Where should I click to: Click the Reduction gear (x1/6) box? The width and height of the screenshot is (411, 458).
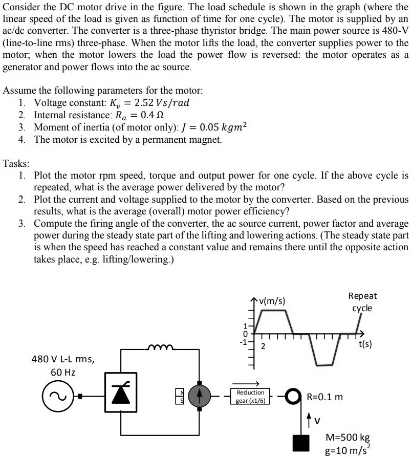coord(250,396)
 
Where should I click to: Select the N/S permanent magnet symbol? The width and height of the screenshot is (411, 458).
coord(179,396)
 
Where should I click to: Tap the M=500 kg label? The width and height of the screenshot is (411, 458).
coord(348,438)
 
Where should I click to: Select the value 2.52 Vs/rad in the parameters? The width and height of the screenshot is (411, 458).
coord(161,102)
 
